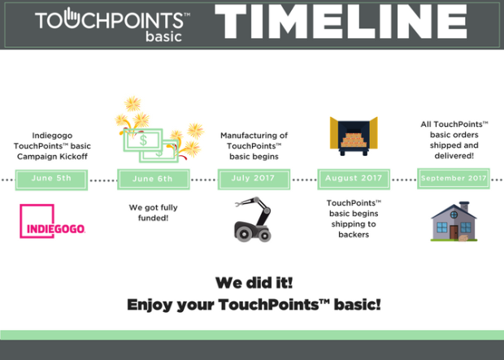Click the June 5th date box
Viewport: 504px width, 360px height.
click(51, 180)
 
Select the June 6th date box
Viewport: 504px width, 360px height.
click(154, 180)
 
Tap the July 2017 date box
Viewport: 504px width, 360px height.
click(254, 179)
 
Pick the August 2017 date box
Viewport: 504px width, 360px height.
click(354, 179)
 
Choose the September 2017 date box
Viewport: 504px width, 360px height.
click(454, 179)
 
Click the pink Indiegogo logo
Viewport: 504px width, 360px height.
click(52, 221)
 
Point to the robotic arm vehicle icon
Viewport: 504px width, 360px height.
click(253, 219)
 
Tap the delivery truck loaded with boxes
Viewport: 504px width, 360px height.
click(354, 137)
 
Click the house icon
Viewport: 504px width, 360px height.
click(454, 221)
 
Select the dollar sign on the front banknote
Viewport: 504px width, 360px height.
click(143, 140)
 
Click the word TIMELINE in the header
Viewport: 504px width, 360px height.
click(341, 22)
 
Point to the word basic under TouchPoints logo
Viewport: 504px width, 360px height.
click(164, 37)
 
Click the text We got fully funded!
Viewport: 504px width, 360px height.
click(154, 213)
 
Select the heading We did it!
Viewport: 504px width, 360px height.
click(254, 283)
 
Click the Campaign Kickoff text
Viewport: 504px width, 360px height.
click(52, 157)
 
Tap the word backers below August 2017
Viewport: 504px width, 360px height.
click(354, 235)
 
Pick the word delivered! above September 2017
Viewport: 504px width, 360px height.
click(454, 156)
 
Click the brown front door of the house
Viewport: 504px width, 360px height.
click(454, 232)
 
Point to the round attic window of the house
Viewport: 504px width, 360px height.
click(454, 215)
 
